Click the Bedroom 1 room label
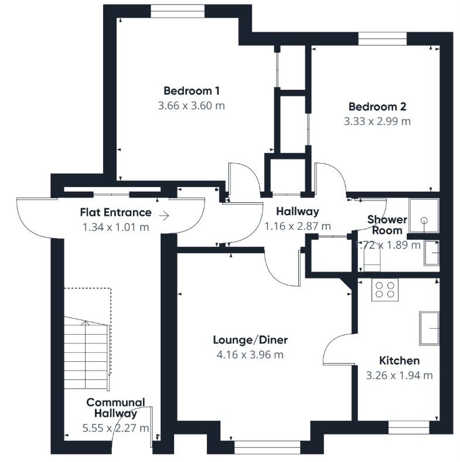(191, 91)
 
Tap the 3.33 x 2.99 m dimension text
(377, 122)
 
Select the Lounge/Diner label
(250, 340)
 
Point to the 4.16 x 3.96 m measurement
(250, 355)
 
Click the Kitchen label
(398, 361)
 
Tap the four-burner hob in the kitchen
(385, 290)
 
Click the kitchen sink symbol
(430, 328)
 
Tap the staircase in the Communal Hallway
(86, 355)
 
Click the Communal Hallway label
(115, 407)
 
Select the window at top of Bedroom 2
(382, 38)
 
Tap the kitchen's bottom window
(408, 430)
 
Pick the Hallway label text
(298, 212)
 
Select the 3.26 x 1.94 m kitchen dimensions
(398, 375)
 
